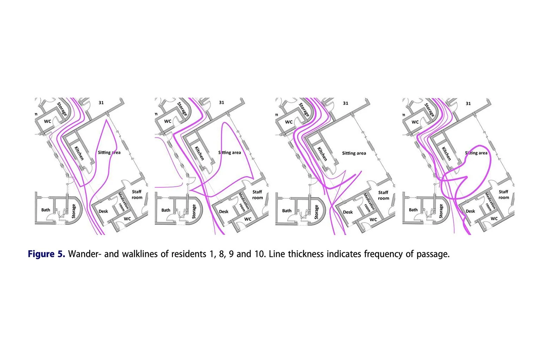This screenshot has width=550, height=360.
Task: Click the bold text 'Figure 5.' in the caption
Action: pyautogui.click(x=46, y=254)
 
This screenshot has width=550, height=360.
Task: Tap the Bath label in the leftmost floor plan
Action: pyautogui.click(x=46, y=210)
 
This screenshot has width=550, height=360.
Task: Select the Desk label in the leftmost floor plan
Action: pyautogui.click(x=103, y=211)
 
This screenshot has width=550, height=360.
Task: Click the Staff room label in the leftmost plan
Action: pyautogui.click(x=137, y=194)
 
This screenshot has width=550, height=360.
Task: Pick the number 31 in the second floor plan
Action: pyautogui.click(x=221, y=103)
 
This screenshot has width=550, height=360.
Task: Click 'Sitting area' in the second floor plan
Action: pyautogui.click(x=230, y=152)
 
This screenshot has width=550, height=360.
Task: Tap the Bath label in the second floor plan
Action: pyautogui.click(x=166, y=210)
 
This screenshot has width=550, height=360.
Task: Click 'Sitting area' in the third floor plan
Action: pyautogui.click(x=354, y=153)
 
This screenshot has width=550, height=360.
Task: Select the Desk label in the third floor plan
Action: pyautogui.click(x=348, y=212)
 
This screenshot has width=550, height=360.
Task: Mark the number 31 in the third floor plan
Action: pyautogui.click(x=345, y=103)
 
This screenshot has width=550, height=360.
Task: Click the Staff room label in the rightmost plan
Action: pyautogui.click(x=503, y=194)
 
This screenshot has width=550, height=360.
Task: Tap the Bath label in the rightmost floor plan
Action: pyautogui.click(x=413, y=210)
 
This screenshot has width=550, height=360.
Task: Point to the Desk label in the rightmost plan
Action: pyautogui.click(x=470, y=211)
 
